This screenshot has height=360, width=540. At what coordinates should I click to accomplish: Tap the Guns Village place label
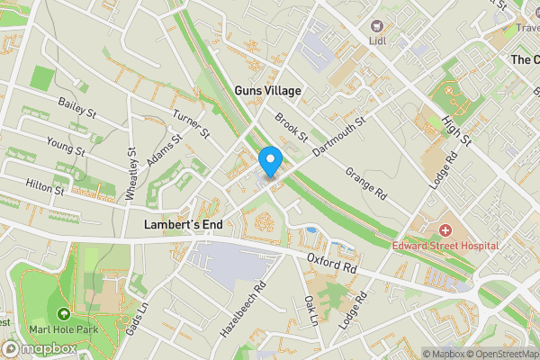point(267,91)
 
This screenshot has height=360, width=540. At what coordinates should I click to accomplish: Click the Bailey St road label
point(76,110)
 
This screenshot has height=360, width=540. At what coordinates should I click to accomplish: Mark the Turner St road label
point(192,125)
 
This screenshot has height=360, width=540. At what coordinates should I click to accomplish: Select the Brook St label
point(292,129)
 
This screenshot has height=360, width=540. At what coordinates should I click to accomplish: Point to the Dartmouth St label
point(337,138)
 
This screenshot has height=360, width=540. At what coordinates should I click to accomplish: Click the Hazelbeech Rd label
point(243,310)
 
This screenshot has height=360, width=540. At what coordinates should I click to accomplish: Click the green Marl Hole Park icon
point(63,314)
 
